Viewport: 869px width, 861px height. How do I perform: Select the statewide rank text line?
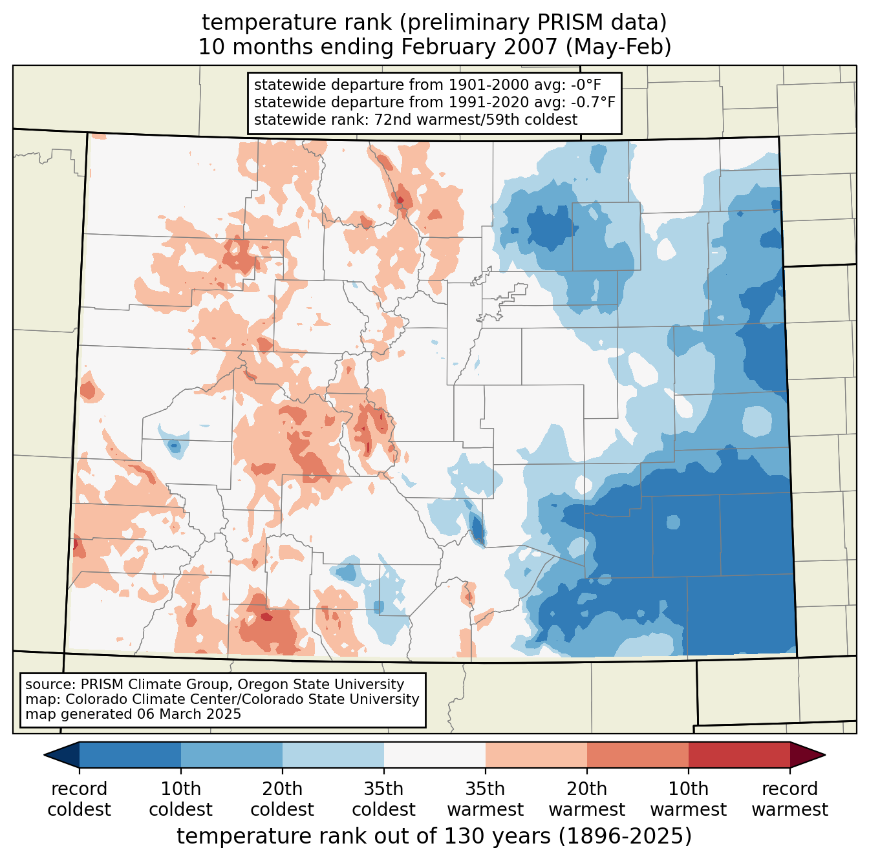tap(416, 120)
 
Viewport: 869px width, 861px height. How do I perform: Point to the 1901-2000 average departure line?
tap(427, 85)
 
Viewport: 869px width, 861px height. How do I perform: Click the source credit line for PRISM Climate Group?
tap(215, 685)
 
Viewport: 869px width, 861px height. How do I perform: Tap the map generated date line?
tap(133, 714)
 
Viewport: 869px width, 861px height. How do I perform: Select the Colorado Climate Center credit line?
tap(222, 699)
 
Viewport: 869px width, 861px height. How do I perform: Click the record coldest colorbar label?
tap(79, 799)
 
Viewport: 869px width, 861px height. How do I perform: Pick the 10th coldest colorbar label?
tap(180, 799)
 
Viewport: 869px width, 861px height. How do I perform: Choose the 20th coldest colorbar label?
tap(282, 799)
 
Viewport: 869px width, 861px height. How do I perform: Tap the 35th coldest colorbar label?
tap(383, 799)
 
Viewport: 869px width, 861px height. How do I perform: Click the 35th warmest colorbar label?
tap(486, 799)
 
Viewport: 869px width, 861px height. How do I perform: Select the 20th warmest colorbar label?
tap(587, 799)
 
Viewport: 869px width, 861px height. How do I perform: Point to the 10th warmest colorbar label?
tap(689, 799)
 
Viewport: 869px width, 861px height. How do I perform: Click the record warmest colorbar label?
tap(789, 799)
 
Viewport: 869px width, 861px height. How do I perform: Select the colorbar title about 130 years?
tap(434, 836)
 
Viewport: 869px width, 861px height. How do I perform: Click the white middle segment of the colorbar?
tap(434, 755)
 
